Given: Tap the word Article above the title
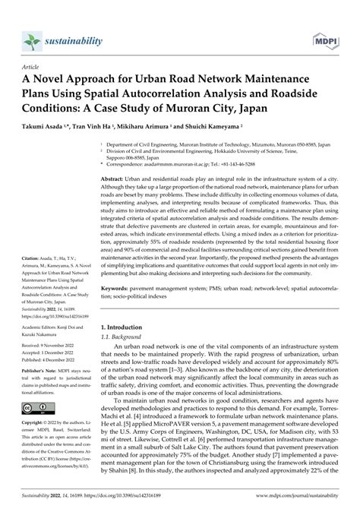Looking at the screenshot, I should (x=30, y=66).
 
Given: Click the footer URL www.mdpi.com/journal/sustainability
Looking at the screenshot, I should (x=298, y=502).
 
